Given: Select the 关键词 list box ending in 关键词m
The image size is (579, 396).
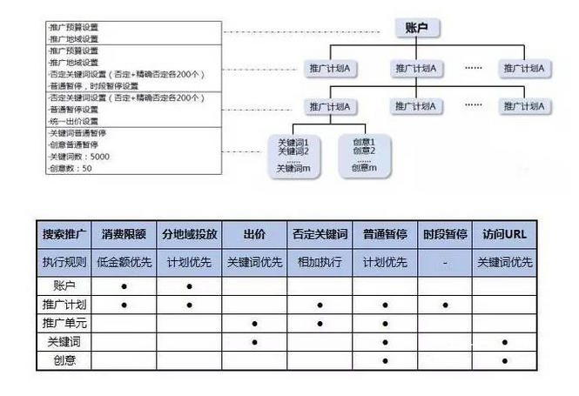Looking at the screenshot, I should (293, 155).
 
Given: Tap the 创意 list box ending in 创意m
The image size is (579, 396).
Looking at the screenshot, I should (364, 155).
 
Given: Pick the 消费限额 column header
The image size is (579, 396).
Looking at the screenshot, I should (124, 234).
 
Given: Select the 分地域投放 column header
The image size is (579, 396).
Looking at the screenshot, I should (189, 234).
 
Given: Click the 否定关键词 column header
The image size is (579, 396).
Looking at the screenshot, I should (320, 234).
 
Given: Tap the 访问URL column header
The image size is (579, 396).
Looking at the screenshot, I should (504, 234).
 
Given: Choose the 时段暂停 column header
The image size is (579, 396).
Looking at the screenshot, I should (446, 234).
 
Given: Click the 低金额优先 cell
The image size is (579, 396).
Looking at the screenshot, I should (124, 261).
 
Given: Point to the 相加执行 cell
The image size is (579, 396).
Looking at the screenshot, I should (320, 261).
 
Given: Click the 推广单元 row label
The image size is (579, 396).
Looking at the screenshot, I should (64, 323).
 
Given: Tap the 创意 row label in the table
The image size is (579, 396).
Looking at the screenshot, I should (64, 359).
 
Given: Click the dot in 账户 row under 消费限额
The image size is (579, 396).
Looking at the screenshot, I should (125, 285).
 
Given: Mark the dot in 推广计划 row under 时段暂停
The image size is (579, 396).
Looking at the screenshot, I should (446, 305).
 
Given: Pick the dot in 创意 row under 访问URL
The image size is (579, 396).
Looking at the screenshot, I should (505, 360).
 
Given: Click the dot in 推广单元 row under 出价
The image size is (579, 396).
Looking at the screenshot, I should (254, 324).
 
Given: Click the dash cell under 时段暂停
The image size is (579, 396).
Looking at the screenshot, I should (446, 261).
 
